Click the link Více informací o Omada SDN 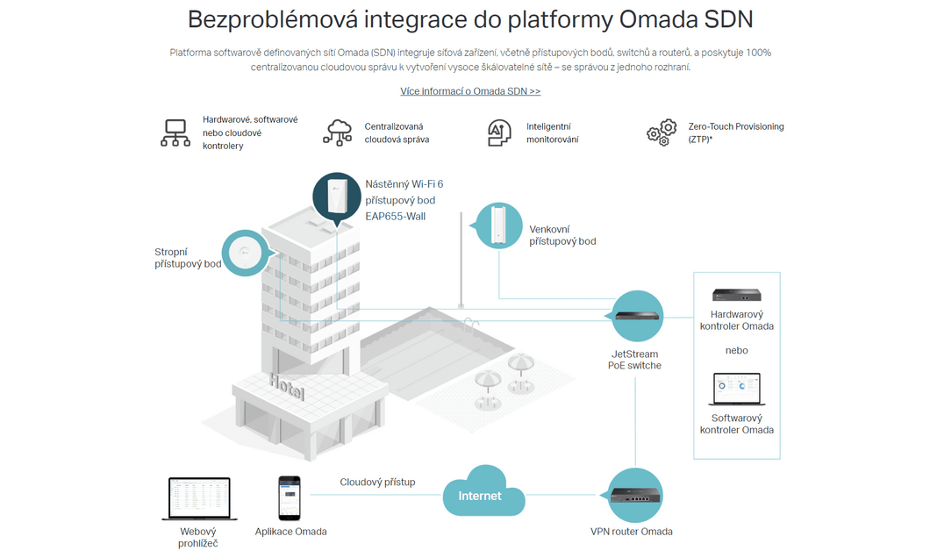469,91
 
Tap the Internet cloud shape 483,491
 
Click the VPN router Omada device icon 634,495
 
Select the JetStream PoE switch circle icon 637,316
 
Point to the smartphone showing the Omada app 290,498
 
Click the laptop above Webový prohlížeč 199,498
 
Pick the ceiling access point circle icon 246,254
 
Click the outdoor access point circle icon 499,225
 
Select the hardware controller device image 737,295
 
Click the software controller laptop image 737,390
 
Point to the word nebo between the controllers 737,350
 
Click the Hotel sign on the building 287,386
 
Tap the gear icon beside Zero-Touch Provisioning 662,132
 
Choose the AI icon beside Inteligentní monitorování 499,132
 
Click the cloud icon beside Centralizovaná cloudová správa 338,132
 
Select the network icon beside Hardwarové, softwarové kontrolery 175,132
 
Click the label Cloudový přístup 377,482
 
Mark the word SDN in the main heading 728,19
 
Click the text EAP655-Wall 396,217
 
